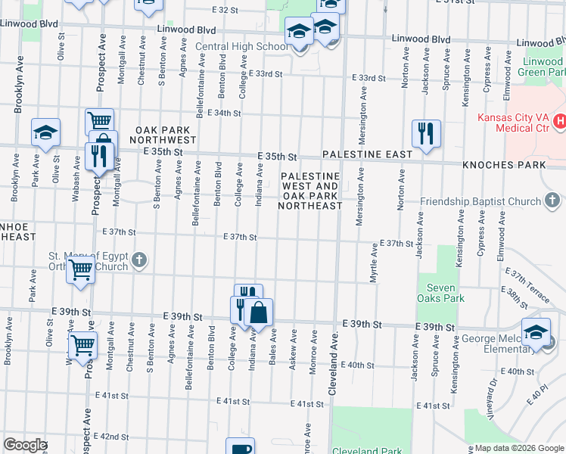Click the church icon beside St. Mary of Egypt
(x=138, y=260)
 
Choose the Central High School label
(x=241, y=47)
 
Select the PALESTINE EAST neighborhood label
(x=367, y=154)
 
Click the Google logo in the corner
(x=24, y=445)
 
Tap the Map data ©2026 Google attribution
(x=519, y=448)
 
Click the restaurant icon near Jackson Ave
(x=426, y=134)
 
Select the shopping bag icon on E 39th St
(x=258, y=313)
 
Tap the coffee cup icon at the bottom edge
(x=241, y=447)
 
